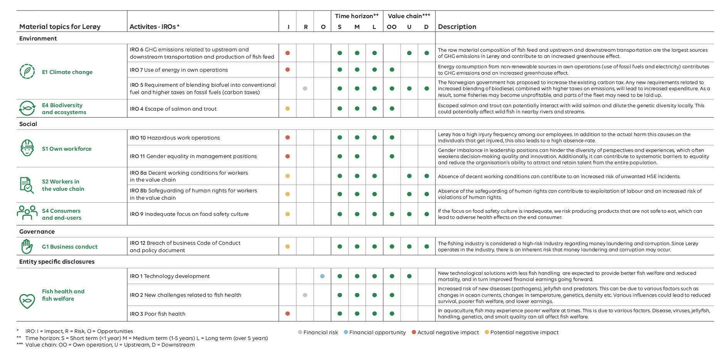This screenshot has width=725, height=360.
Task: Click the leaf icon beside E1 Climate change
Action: tap(27, 72)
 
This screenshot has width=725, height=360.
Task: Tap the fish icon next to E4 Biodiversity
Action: tap(27, 108)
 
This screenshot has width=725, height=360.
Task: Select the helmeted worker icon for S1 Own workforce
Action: tap(27, 148)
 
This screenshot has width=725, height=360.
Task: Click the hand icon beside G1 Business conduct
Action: tap(27, 247)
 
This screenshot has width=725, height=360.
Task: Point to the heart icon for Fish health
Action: tap(27, 301)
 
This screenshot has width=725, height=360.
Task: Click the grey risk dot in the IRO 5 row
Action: tap(305, 89)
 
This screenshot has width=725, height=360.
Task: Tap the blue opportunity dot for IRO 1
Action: tap(322, 276)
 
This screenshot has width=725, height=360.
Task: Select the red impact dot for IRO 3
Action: tap(288, 314)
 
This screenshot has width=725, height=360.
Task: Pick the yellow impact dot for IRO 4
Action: tap(288, 109)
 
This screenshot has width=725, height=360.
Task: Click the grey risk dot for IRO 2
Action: tap(305, 295)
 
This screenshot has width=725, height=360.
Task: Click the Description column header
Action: tap(457, 27)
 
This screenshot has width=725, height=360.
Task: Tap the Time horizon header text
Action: tap(357, 16)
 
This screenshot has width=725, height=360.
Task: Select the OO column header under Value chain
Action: tap(391, 27)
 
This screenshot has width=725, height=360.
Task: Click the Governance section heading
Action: tap(37, 232)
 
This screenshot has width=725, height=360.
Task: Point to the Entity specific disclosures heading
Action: tap(57, 262)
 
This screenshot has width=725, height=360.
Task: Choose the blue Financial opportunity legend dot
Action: tap(346, 332)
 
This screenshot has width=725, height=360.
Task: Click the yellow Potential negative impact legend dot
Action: tap(487, 332)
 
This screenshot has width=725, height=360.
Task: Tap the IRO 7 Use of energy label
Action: tap(179, 70)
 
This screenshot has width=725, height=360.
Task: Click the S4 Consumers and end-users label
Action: tap(62, 214)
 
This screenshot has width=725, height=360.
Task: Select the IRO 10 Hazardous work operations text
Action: tap(175, 138)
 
